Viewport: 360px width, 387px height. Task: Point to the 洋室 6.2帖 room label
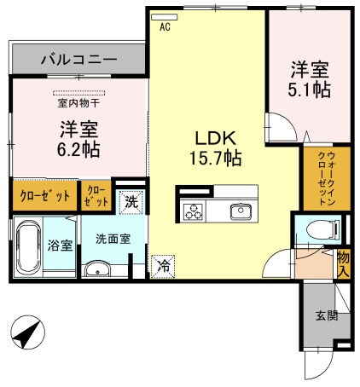[78, 139]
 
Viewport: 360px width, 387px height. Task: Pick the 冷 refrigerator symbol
[162, 266]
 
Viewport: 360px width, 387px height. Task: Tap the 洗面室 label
[113, 240]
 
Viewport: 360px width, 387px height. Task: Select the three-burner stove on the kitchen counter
[192, 211]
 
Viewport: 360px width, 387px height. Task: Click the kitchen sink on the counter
[241, 210]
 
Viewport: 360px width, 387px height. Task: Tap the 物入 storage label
[343, 262]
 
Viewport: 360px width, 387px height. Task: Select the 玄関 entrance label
[327, 317]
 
